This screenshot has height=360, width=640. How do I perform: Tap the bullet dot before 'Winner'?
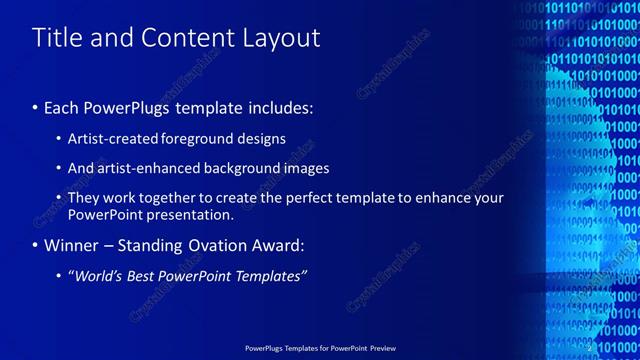[x=36, y=244]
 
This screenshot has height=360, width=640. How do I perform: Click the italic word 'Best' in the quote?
[x=143, y=275]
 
